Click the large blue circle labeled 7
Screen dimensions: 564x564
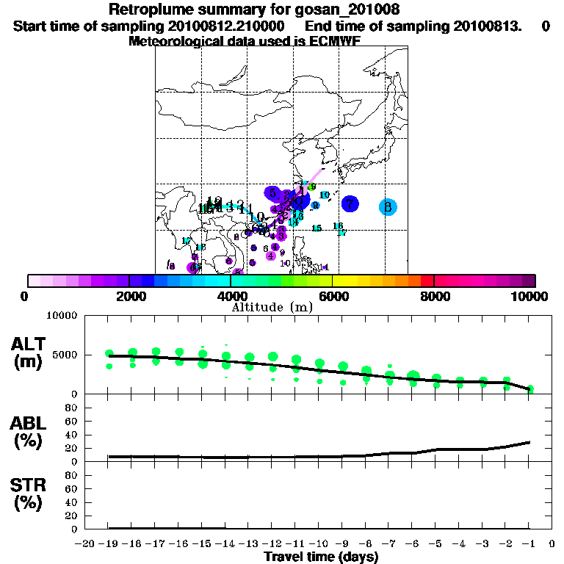coord(350,204)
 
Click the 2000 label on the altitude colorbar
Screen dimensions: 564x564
coord(129,296)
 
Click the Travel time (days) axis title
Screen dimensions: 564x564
coord(321,557)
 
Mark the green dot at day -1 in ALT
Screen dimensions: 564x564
coord(529,388)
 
